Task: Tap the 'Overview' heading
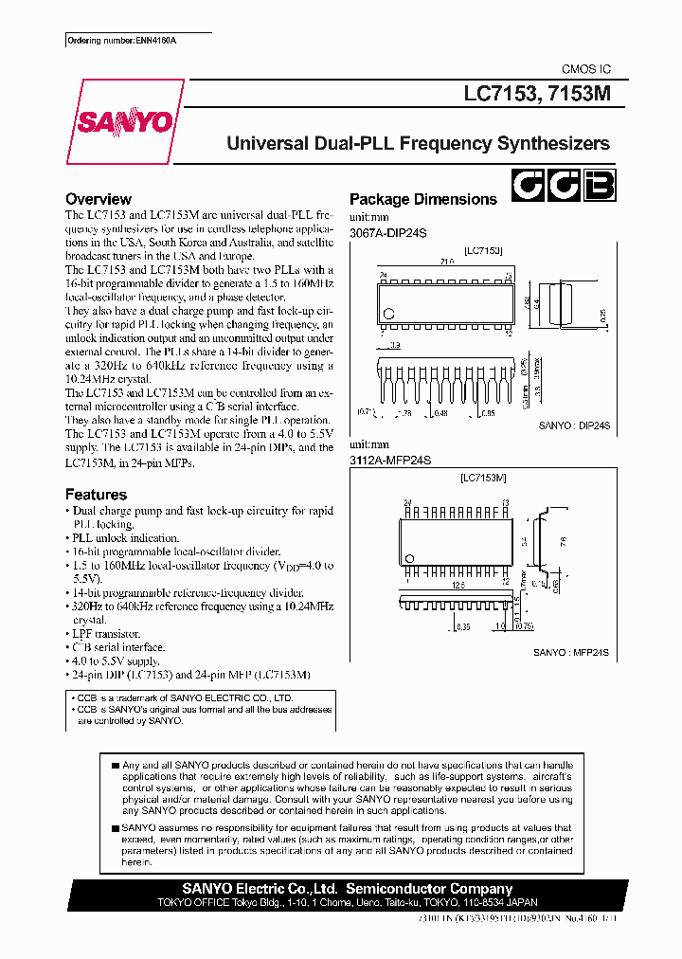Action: [x=98, y=199]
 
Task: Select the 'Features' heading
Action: [x=96, y=494]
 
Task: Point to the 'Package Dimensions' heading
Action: [x=422, y=199]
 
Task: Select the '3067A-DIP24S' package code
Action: [x=389, y=233]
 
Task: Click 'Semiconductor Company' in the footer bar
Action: [x=429, y=889]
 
